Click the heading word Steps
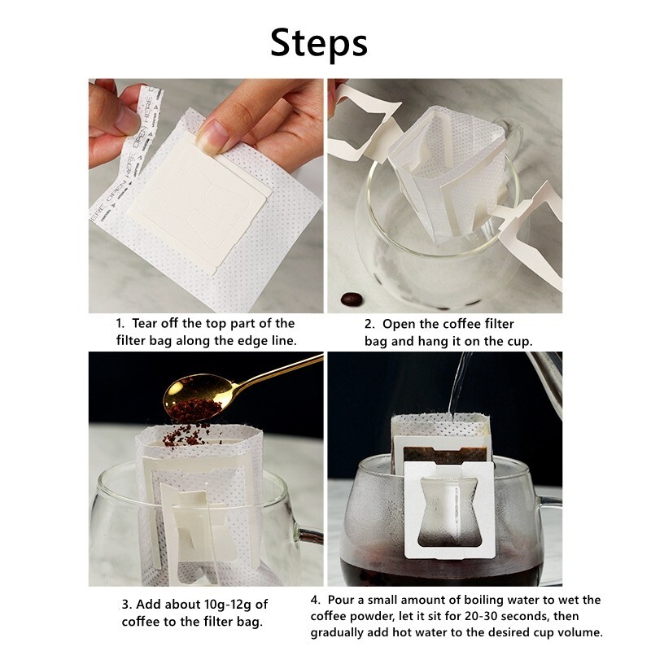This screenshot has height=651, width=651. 319,43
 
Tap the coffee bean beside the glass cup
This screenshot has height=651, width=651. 352,299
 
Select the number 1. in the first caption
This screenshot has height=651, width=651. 120,323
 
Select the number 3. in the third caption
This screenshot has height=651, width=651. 126,605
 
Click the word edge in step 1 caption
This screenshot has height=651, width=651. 253,341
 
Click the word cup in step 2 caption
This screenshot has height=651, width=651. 520,342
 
